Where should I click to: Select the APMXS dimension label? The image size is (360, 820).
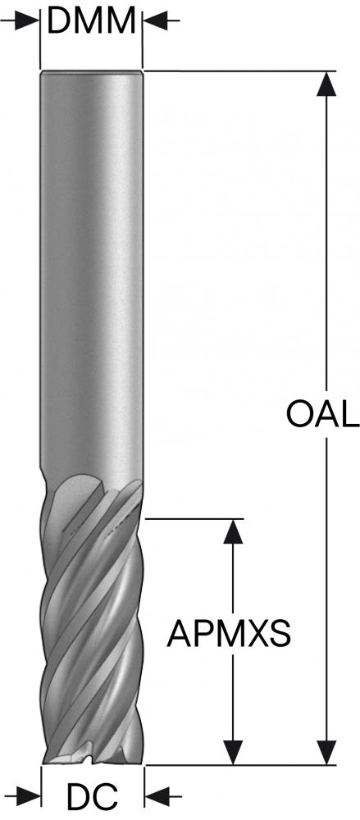229,633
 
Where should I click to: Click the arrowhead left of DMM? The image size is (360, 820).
27,21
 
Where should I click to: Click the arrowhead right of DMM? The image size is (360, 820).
156,21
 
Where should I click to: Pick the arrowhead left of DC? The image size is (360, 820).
29,796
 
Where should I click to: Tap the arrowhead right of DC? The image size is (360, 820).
157,796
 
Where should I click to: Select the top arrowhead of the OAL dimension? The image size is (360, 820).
326,84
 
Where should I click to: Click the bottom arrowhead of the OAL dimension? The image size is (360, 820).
326,752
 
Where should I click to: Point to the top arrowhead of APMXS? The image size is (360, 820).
233,532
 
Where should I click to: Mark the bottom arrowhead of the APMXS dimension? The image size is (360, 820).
233,752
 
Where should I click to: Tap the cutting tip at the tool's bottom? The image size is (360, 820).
93,757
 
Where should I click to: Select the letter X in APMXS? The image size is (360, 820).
253,633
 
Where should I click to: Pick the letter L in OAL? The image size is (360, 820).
349,414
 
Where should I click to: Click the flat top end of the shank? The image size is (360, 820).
92,71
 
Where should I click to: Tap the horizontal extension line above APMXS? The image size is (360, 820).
194,519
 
